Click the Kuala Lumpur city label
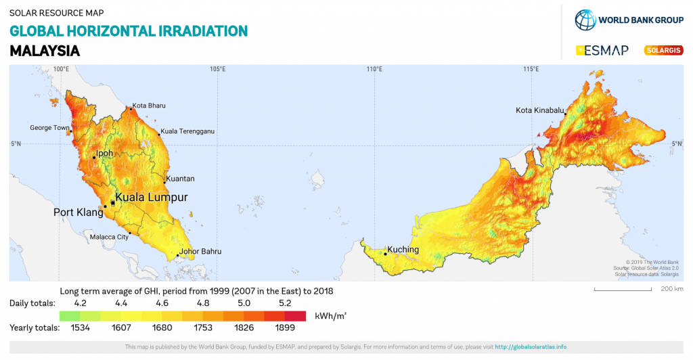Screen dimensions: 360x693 coord(151,198)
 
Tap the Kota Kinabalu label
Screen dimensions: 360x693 coord(540,110)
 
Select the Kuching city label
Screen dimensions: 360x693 coord(402,250)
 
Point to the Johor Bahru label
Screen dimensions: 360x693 coord(200,252)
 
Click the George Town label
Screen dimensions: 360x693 coord(49,128)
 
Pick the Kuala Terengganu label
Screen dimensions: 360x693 coord(187,131)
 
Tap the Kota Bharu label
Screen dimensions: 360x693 coord(149,106)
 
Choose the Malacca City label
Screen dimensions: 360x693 coord(109,238)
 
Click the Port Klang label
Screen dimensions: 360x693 coord(79,212)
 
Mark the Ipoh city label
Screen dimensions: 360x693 coord(104,154)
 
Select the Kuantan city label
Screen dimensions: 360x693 coord(180,179)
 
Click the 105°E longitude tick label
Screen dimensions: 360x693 coord(217,69)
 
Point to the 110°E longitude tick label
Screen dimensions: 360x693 coord(374,69)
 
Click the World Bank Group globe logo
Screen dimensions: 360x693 coord(585,20)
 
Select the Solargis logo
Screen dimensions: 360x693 coord(663,50)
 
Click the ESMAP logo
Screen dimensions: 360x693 coord(602,50)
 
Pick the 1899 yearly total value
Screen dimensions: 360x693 coord(286,328)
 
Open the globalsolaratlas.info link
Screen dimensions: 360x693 coord(531,347)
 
